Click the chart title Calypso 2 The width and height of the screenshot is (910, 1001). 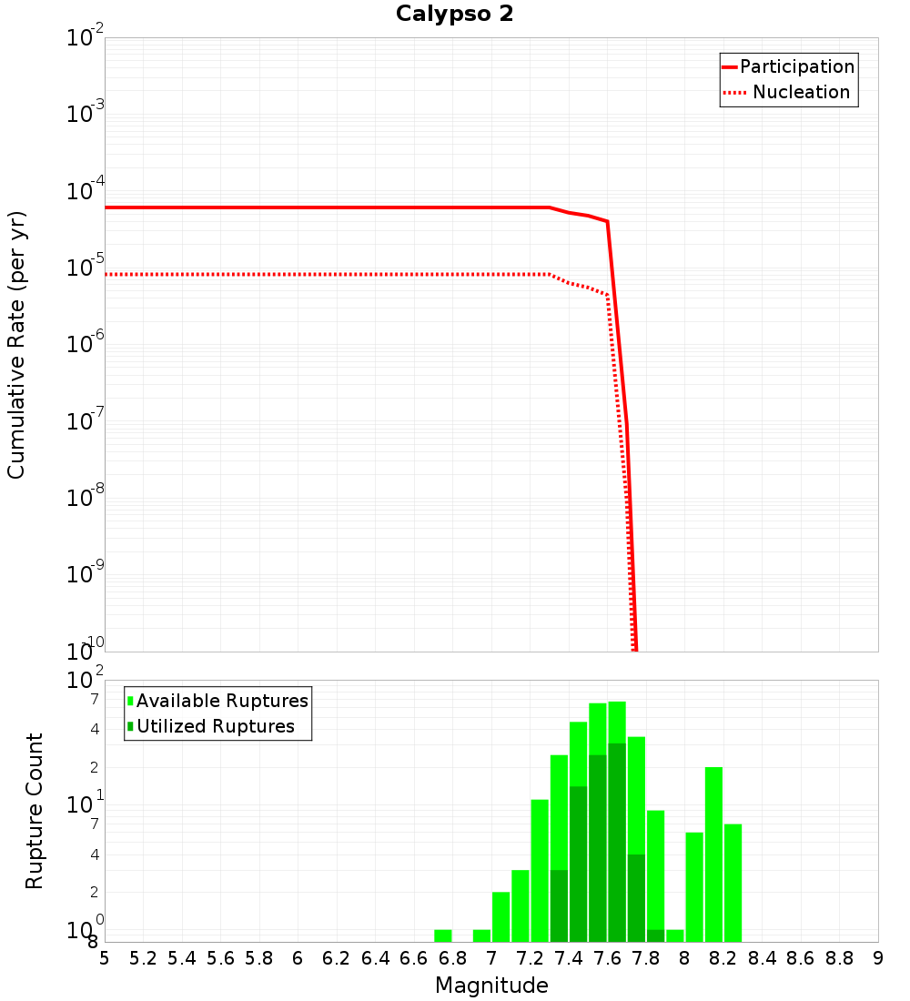pos(454,14)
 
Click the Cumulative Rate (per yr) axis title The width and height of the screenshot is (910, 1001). pos(16,344)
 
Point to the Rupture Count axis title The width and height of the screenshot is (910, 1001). pos(35,810)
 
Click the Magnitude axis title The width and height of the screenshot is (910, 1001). pos(491,986)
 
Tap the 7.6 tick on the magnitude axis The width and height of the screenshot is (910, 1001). pos(607,958)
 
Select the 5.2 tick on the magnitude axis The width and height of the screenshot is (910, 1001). pos(143,958)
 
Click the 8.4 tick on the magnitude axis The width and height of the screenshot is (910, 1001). pos(762,958)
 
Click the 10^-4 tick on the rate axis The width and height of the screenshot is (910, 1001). pos(87,193)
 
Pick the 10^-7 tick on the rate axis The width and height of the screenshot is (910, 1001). pos(87,422)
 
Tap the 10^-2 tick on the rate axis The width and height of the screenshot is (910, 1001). pos(87,39)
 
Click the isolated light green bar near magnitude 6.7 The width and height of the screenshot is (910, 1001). pos(443,935)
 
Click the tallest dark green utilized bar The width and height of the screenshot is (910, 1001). pos(617,842)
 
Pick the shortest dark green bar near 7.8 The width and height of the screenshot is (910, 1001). pos(656,935)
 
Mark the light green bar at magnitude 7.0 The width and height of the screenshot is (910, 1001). pos(501,917)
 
